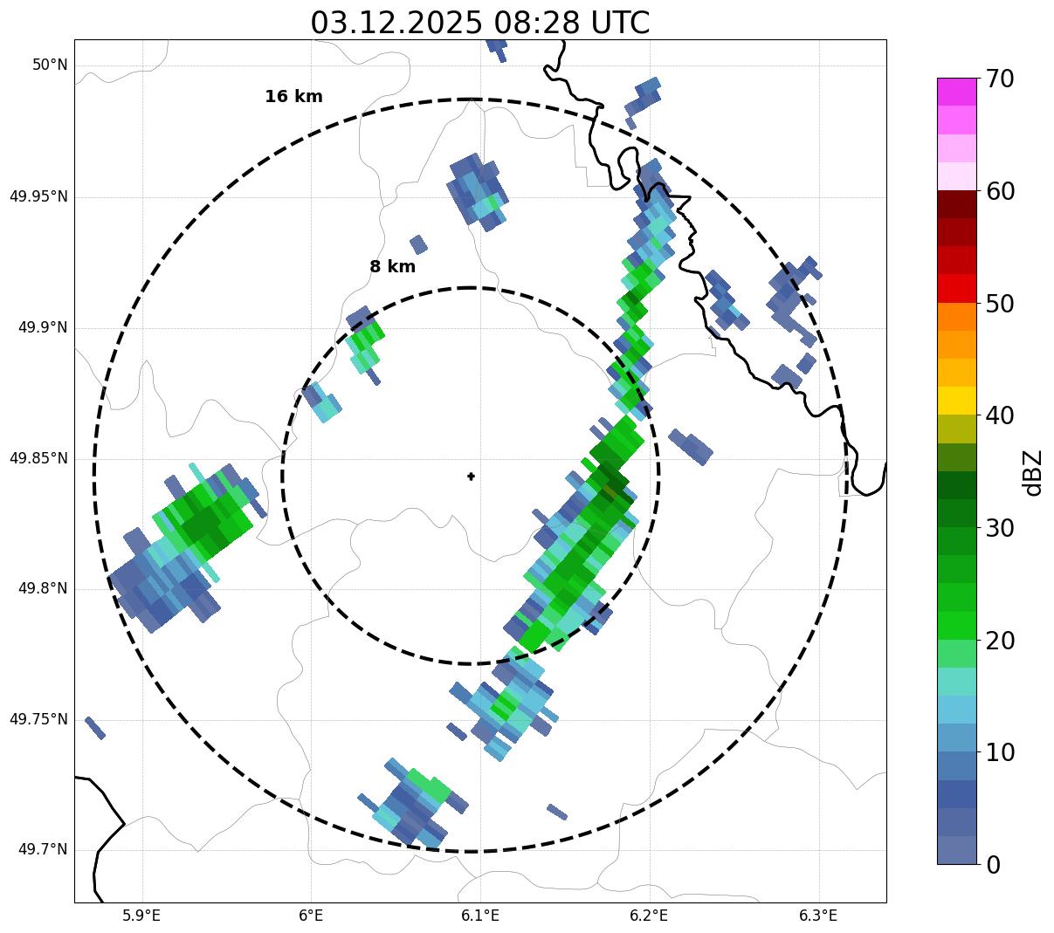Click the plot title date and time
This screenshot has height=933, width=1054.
479,23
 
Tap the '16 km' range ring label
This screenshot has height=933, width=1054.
293,97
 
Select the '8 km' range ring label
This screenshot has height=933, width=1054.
392,267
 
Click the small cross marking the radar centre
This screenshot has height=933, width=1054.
471,476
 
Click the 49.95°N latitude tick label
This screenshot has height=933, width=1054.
38,196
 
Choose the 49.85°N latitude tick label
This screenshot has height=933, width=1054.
38,458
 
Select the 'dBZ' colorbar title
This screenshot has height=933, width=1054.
1033,472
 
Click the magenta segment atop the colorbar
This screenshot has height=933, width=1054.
956,92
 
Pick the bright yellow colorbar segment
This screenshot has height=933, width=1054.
956,401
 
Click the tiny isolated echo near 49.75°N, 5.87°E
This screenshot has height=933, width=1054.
95,728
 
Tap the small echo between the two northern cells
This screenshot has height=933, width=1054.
418,244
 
